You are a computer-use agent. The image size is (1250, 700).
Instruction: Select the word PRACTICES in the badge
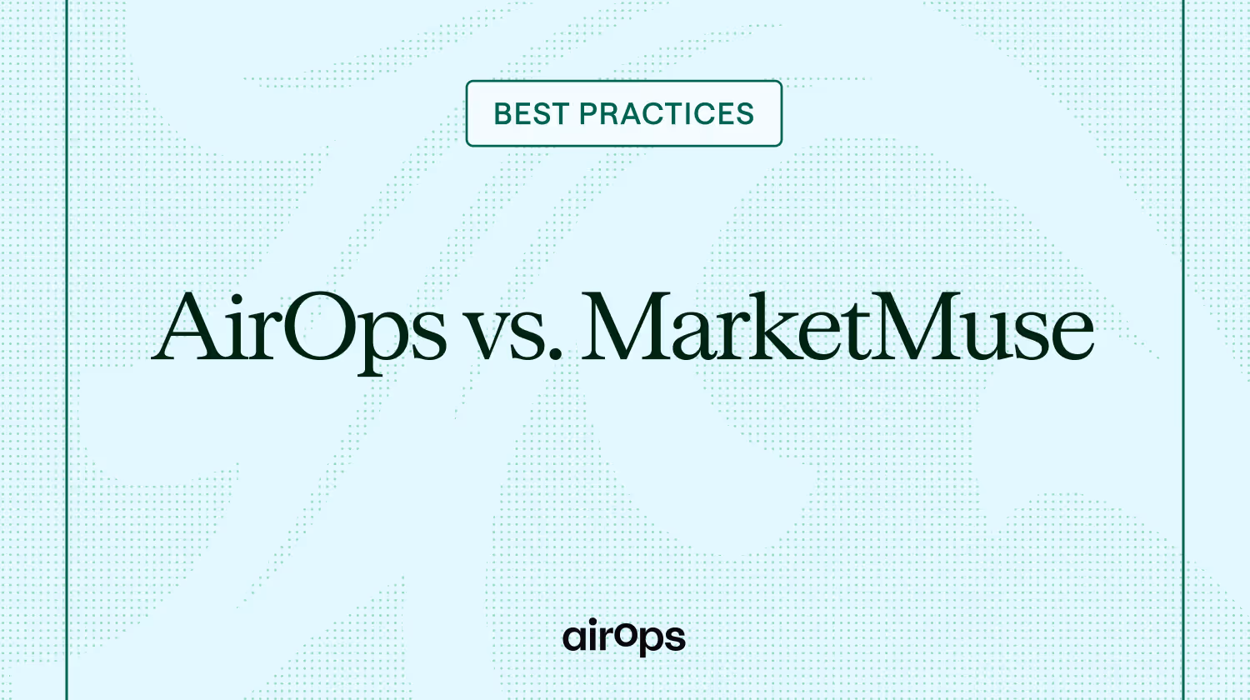point(667,114)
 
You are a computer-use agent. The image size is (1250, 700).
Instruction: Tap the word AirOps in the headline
point(299,329)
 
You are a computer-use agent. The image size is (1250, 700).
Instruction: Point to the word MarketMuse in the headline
point(837,327)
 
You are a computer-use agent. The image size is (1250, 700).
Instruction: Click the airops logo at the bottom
point(624,637)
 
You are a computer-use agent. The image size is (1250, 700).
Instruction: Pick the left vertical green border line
point(67,350)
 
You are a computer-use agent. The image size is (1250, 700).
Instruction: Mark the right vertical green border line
point(1183,350)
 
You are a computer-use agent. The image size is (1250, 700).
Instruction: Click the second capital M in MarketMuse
point(917,326)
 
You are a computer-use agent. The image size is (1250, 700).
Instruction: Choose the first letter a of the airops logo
point(575,638)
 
